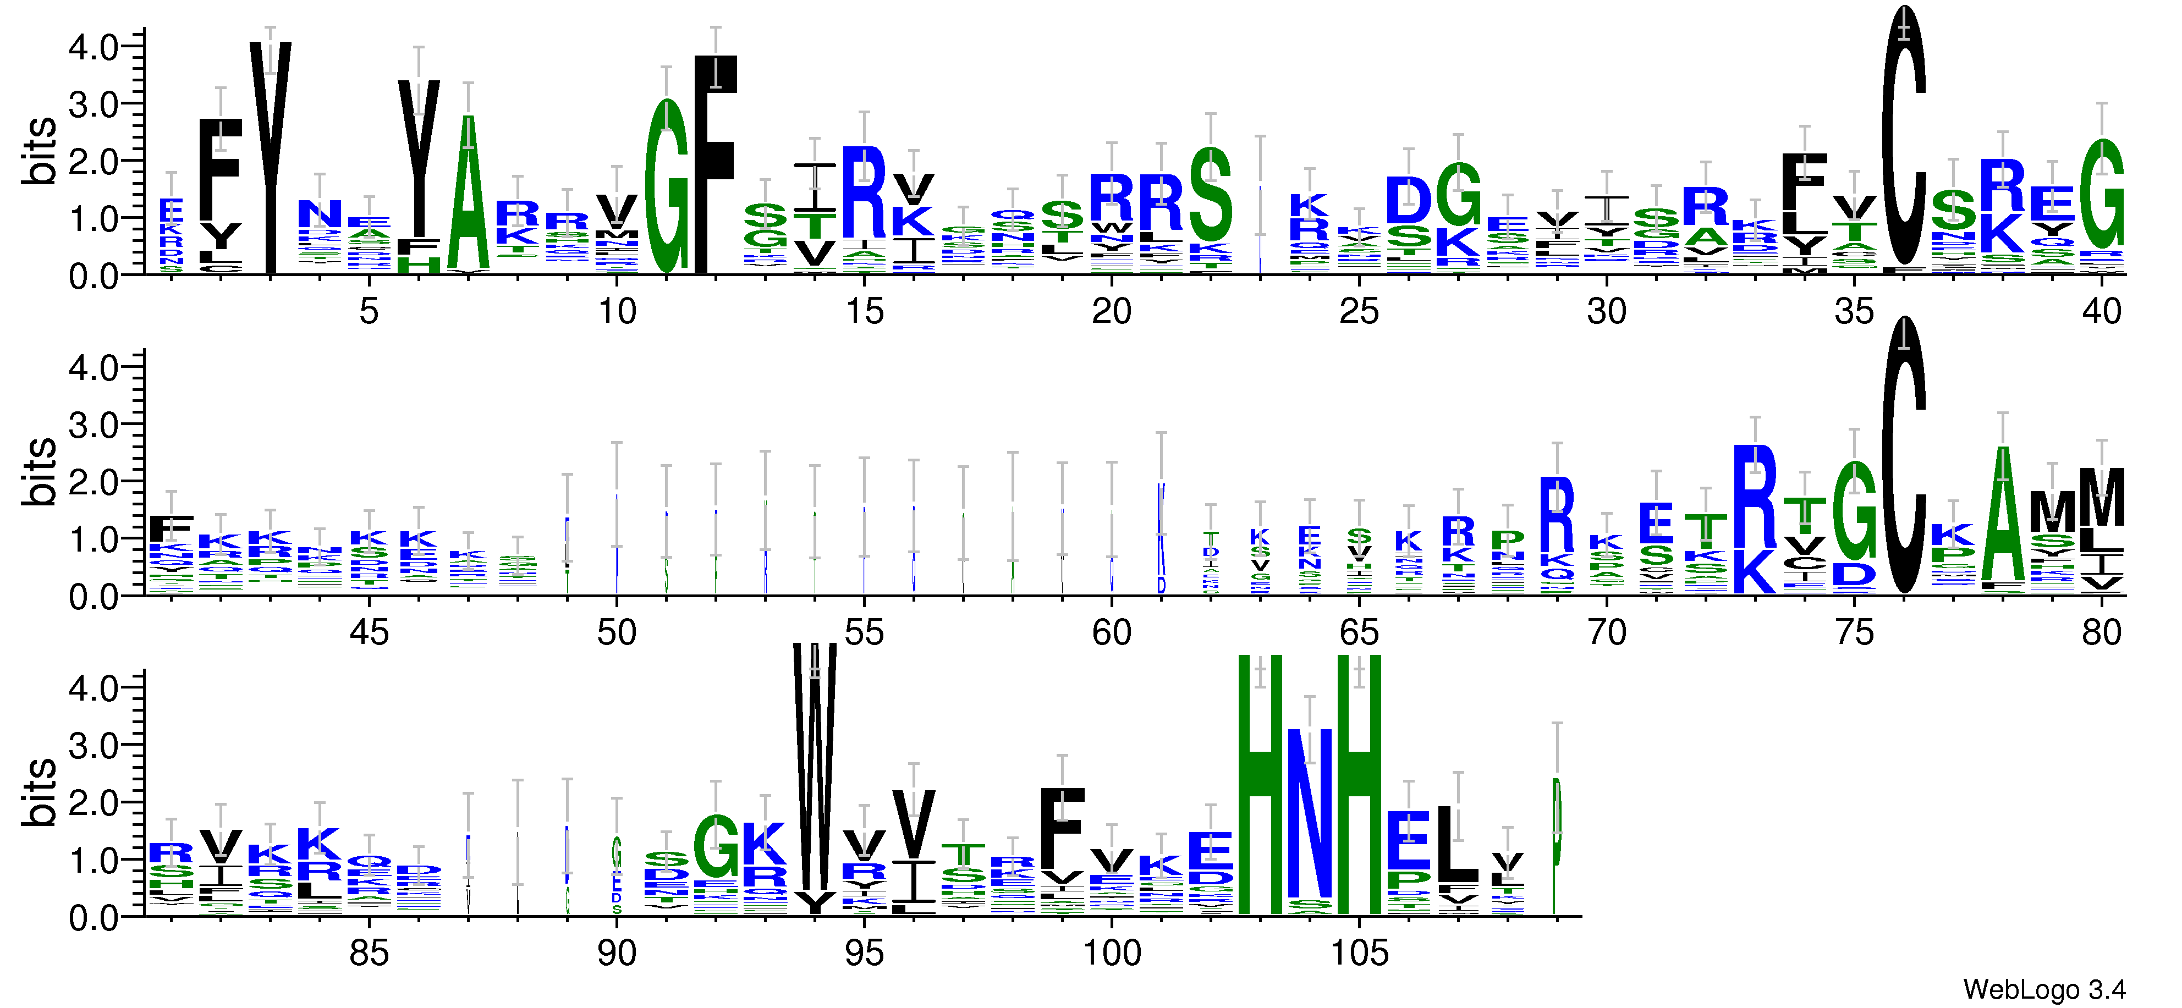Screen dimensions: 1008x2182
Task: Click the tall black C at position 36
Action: click(1903, 135)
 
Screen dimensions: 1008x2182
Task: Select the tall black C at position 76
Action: click(1903, 458)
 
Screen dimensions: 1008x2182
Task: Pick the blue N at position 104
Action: click(1310, 813)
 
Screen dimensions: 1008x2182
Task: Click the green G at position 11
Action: click(667, 186)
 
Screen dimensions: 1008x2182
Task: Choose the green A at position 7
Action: click(469, 195)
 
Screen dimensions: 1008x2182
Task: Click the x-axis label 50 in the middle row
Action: click(617, 633)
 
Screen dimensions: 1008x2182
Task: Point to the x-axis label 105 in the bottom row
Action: click(1359, 954)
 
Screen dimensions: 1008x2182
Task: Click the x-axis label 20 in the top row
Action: click(1111, 312)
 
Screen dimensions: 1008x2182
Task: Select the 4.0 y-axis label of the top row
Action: click(93, 47)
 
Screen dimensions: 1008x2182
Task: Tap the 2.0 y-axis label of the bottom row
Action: click(93, 803)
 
